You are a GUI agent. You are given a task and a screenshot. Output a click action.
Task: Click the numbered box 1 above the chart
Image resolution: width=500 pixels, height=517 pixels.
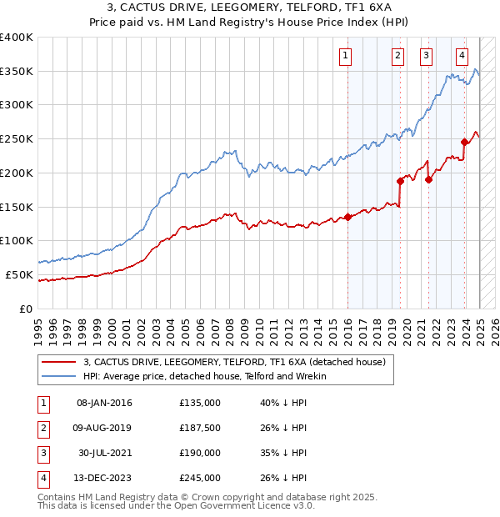[345, 56]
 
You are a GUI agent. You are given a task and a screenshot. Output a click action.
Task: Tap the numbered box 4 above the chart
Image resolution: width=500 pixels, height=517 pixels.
[462, 56]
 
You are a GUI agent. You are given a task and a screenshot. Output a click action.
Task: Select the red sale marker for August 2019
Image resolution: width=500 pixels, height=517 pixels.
[400, 180]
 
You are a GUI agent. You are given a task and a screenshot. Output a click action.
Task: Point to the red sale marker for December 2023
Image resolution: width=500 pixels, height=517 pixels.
[464, 142]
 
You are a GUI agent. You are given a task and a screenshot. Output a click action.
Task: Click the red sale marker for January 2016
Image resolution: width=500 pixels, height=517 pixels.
[347, 217]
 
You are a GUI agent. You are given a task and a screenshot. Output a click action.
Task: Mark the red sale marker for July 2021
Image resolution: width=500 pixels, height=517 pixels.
[429, 178]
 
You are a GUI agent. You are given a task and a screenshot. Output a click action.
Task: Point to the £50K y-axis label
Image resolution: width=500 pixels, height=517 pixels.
[19, 274]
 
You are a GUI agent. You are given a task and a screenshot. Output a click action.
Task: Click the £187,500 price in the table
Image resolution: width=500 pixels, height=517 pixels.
[200, 429]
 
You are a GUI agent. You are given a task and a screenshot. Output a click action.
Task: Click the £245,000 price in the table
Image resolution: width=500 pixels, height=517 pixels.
[200, 478]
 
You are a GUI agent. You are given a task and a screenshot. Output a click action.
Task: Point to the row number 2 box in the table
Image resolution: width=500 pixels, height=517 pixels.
[42, 429]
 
